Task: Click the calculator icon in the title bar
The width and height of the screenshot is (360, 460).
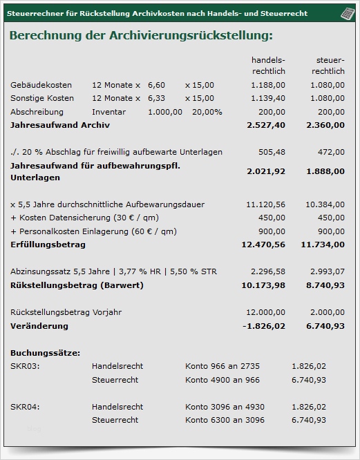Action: [347, 14]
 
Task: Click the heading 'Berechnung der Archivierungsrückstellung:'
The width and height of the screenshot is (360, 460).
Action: [141, 36]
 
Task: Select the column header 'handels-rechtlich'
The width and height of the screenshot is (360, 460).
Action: [267, 66]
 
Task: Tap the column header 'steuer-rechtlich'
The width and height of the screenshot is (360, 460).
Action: [328, 66]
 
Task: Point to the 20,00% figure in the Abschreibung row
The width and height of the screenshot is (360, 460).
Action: [207, 112]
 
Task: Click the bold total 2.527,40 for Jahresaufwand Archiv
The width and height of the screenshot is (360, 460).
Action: [265, 125]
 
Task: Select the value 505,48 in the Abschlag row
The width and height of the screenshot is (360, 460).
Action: [272, 152]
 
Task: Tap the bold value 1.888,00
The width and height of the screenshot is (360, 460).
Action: [326, 171]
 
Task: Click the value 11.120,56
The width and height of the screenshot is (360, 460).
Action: [265, 204]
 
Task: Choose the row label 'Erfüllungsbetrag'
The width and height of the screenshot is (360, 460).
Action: [48, 245]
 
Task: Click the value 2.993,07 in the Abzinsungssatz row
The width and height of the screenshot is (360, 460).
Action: [328, 271]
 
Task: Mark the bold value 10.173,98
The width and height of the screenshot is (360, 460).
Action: [263, 285]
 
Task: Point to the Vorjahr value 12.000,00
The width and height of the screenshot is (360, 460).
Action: [265, 312]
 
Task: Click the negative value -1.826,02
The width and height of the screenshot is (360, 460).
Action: [264, 325]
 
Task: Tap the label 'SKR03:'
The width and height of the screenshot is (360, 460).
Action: [25, 366]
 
